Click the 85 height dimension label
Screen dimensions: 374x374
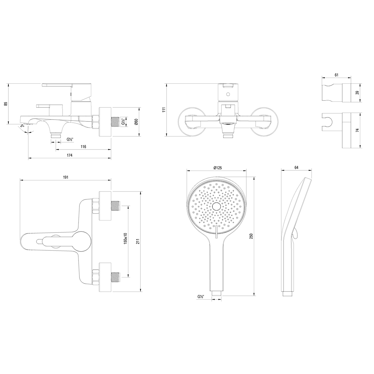(x=6, y=104)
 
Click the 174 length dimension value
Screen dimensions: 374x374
(x=69, y=155)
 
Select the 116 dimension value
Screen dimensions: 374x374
(x=83, y=147)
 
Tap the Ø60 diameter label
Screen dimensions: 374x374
(x=136, y=122)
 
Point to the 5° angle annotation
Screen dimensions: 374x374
(x=22, y=126)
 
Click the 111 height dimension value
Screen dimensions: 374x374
(x=164, y=110)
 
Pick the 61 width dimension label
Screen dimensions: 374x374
(x=337, y=75)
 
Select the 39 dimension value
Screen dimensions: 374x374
(x=357, y=93)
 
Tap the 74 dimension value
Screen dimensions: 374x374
(x=357, y=130)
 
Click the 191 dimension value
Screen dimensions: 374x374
(x=66, y=177)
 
